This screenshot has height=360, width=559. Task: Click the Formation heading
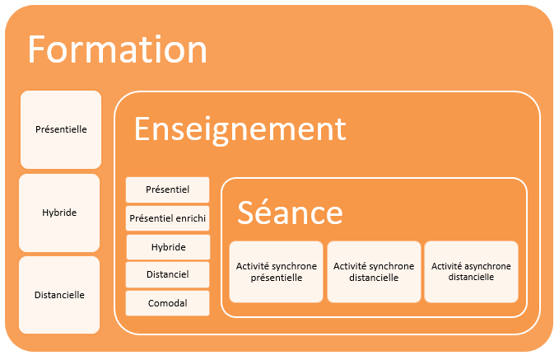pyautogui.click(x=117, y=49)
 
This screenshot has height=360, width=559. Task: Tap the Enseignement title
pyautogui.click(x=240, y=130)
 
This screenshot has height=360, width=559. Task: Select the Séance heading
pyautogui.click(x=290, y=212)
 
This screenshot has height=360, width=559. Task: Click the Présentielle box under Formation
pyautogui.click(x=61, y=129)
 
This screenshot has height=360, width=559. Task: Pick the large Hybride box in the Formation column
pyautogui.click(x=59, y=213)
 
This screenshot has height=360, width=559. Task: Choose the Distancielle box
pyautogui.click(x=59, y=295)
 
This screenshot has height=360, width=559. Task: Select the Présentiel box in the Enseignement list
pyautogui.click(x=168, y=189)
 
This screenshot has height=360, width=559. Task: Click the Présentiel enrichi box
pyautogui.click(x=168, y=218)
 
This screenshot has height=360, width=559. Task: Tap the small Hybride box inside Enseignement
pyautogui.click(x=168, y=247)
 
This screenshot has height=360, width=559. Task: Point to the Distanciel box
pyautogui.click(x=168, y=274)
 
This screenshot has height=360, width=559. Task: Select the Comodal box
pyautogui.click(x=168, y=303)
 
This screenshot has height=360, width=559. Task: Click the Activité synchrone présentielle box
pyautogui.click(x=277, y=272)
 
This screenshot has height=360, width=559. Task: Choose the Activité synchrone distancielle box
pyautogui.click(x=374, y=272)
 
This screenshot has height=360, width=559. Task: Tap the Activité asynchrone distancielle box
pyautogui.click(x=471, y=272)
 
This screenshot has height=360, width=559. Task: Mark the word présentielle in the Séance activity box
pyautogui.click(x=277, y=278)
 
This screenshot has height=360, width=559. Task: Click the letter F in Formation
pyautogui.click(x=36, y=49)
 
